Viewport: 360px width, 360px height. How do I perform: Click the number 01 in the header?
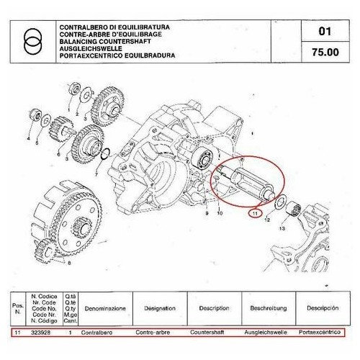click(x=323, y=32)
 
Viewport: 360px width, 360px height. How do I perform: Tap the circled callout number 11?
click(x=256, y=213)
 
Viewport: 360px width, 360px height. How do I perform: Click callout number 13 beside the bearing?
click(x=282, y=228)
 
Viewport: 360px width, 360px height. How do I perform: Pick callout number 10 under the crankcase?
click(x=220, y=214)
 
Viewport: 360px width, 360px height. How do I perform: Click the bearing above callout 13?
click(x=294, y=210)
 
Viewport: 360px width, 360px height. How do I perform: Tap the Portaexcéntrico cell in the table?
click(x=320, y=333)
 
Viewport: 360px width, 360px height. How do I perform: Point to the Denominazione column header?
click(x=105, y=306)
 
